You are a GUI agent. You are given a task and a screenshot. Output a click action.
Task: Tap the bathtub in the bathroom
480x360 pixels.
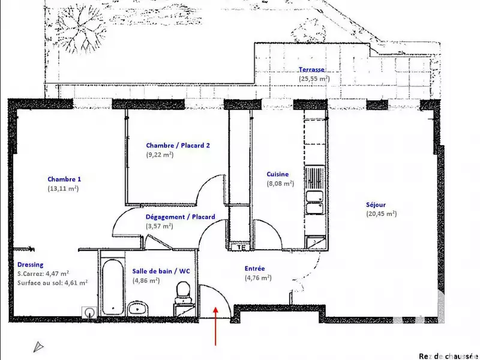[x=112, y=287]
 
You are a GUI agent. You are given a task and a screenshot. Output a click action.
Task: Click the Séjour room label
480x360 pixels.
[x=376, y=204]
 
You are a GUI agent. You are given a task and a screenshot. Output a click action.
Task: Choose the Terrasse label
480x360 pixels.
[x=312, y=70]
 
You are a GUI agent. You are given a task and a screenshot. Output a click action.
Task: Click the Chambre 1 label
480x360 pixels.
[x=64, y=179]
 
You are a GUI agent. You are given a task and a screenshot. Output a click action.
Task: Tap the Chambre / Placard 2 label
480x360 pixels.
[x=178, y=145]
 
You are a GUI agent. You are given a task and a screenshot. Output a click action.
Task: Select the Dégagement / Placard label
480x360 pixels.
[x=180, y=217]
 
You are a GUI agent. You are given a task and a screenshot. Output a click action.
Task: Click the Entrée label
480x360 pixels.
[x=255, y=269]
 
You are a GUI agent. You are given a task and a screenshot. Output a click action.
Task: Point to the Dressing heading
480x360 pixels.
[x=30, y=264]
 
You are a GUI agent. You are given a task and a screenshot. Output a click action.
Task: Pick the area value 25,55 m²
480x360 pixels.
[x=314, y=79]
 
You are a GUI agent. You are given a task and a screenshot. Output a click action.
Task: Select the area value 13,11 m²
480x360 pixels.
[x=63, y=188]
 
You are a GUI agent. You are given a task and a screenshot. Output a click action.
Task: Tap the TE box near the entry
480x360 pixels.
[x=241, y=246]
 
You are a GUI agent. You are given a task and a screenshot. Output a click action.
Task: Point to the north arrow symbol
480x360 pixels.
[x=38, y=346]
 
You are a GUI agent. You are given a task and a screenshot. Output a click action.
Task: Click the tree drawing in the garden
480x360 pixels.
[x=79, y=29]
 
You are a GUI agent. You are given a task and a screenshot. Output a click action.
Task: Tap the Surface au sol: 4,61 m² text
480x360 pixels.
[x=53, y=282]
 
